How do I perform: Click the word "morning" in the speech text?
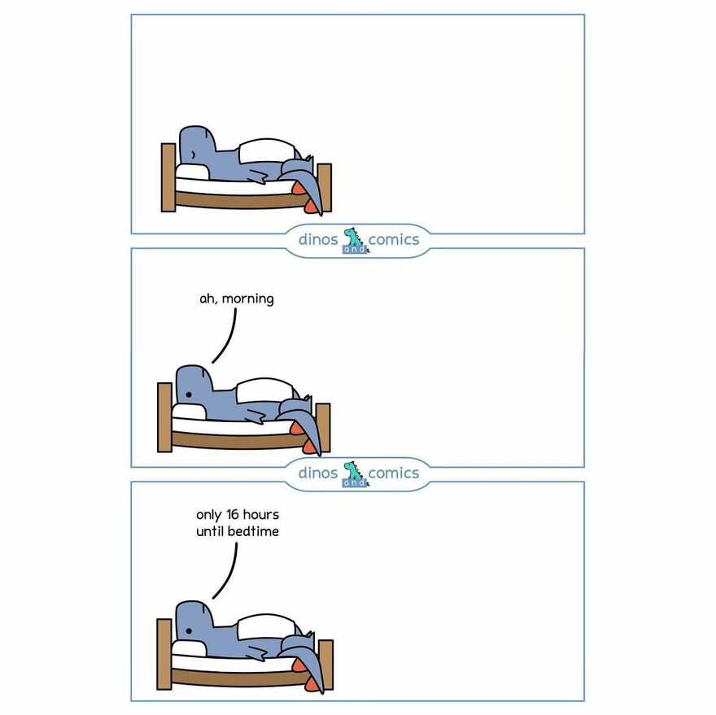pyautogui.click(x=248, y=299)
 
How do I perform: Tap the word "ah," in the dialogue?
pyautogui.click(x=209, y=299)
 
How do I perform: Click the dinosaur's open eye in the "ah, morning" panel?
pyautogui.click(x=188, y=394)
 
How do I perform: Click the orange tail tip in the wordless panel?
pyautogui.click(x=299, y=192)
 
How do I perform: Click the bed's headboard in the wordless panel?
pyautogui.click(x=168, y=177)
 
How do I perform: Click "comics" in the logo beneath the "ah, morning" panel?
pyautogui.click(x=394, y=473)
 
